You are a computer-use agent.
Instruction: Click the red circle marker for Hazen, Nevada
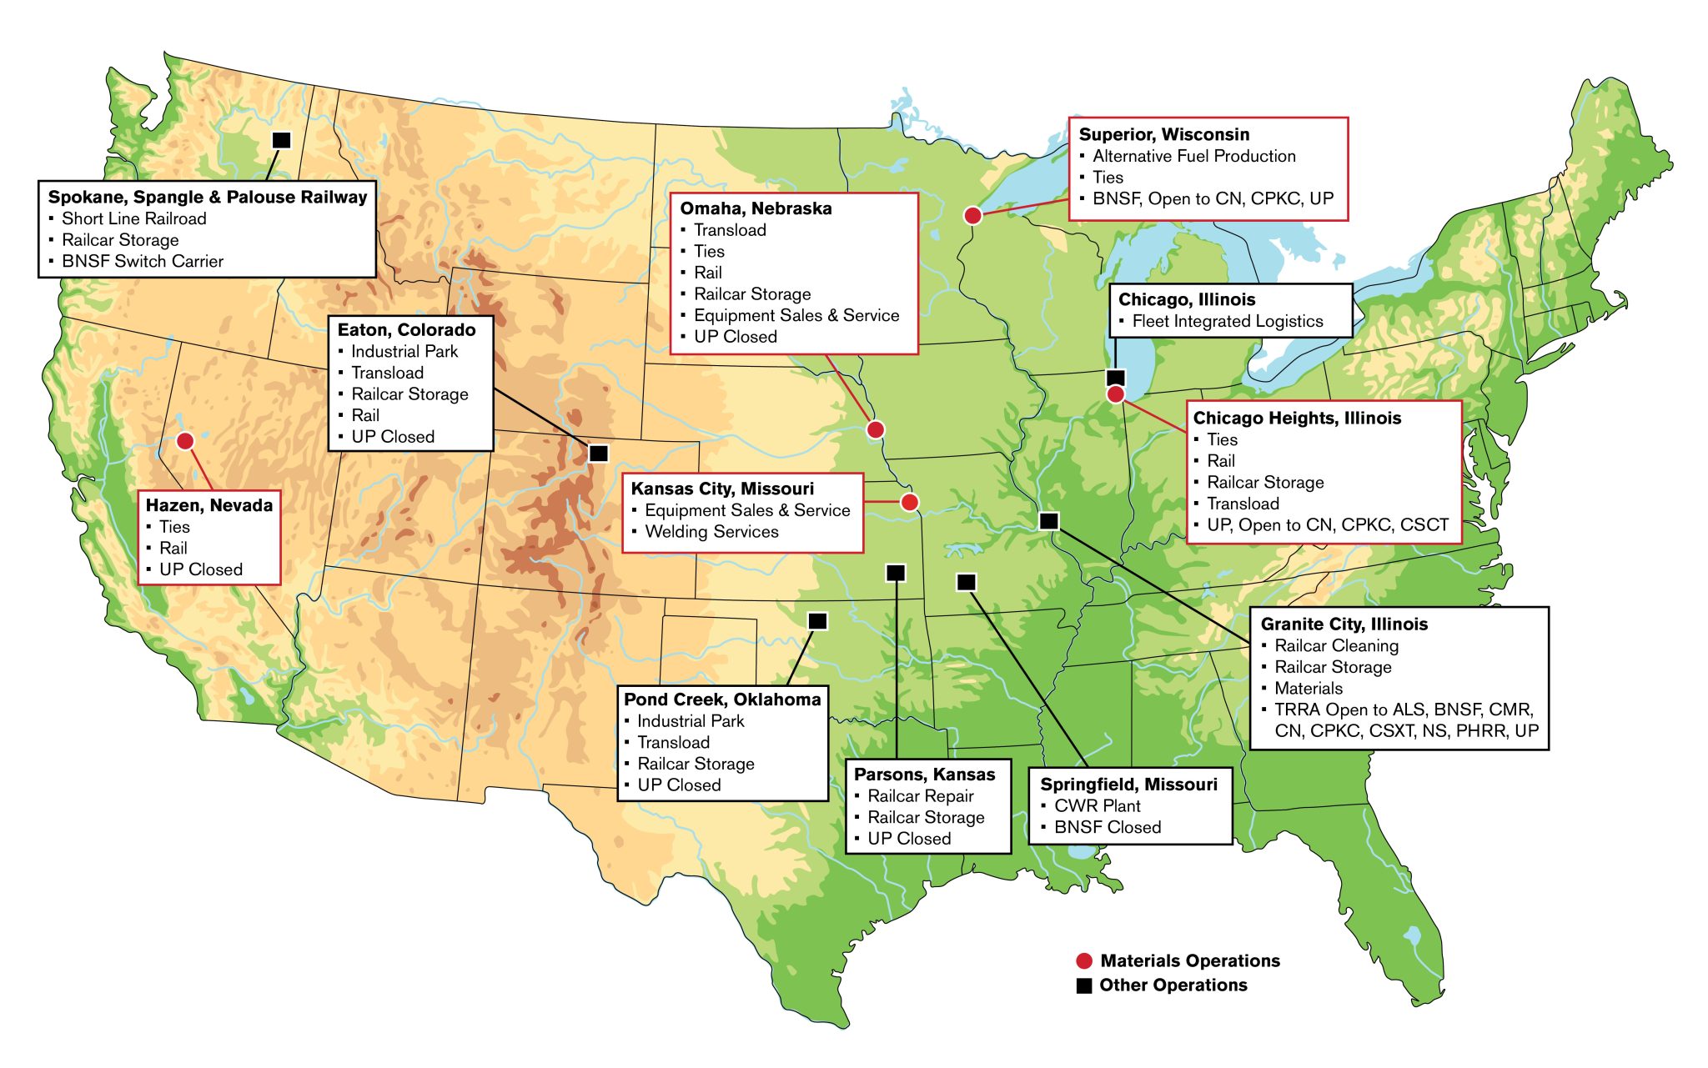click(185, 440)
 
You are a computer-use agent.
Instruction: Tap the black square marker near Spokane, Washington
click(282, 140)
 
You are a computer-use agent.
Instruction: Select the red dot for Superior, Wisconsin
click(972, 215)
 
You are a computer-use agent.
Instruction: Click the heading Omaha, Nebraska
click(756, 208)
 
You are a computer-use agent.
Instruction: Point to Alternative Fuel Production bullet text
click(1193, 156)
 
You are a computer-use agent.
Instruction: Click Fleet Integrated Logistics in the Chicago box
click(1227, 321)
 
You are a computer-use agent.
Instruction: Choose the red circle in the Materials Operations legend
click(1084, 960)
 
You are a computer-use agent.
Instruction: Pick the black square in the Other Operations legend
click(1084, 985)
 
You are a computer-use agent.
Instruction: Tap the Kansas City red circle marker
click(910, 502)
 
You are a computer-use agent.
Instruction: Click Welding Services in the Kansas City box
click(711, 532)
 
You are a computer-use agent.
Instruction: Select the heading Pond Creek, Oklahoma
click(722, 699)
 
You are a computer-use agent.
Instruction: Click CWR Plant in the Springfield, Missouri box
click(1097, 806)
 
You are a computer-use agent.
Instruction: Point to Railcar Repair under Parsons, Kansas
click(920, 796)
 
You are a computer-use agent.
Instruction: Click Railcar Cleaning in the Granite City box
click(1336, 645)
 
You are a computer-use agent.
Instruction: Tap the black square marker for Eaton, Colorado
click(599, 454)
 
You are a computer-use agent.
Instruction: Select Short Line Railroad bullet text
click(133, 218)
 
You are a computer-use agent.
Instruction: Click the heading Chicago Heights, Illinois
click(1297, 418)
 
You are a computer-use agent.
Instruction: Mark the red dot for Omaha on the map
click(875, 429)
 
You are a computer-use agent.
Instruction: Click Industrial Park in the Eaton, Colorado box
click(404, 351)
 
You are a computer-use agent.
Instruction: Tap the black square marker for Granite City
click(1049, 521)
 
